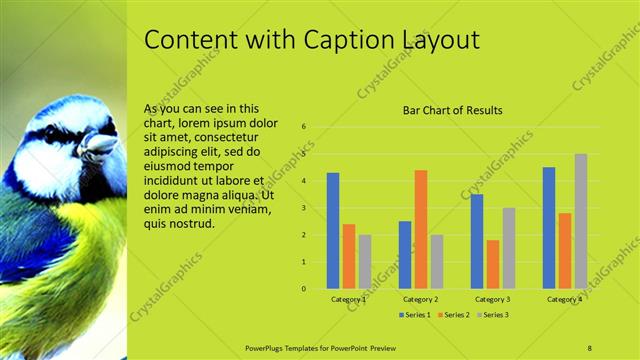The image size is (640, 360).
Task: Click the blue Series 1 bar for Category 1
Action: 333,231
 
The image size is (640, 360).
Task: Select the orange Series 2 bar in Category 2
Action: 421,229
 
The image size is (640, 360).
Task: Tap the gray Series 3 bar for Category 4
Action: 581,221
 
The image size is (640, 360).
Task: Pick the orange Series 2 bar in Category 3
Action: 493,264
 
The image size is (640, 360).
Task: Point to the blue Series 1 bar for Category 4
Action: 549,228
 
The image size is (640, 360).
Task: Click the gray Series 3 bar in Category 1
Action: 365,262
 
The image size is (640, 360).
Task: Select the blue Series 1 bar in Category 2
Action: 405,255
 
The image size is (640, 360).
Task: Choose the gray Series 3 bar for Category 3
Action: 509,248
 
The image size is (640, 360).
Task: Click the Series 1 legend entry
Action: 415,315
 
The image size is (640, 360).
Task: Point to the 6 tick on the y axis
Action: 304,127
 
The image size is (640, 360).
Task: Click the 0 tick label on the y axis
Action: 304,289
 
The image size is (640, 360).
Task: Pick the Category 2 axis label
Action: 421,299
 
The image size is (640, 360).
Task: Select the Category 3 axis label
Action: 493,299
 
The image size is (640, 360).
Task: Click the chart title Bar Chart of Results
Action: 452,110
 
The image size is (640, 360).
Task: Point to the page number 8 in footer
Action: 590,346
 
